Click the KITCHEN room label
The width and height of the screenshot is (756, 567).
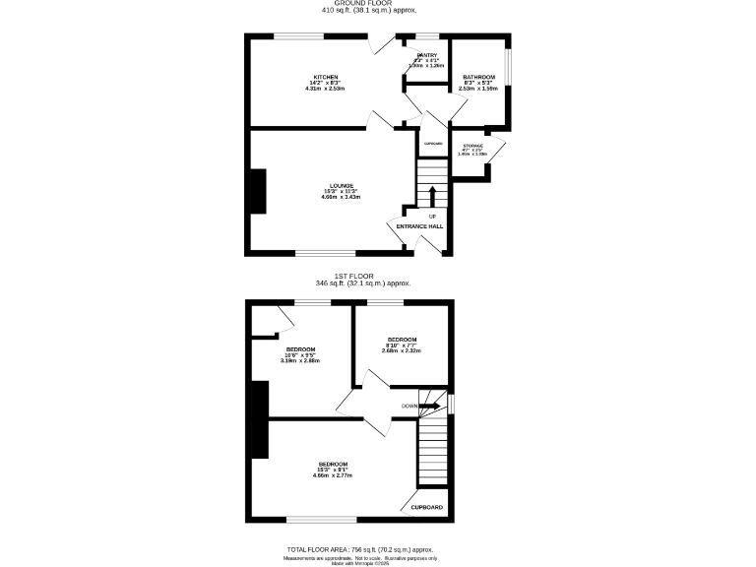[327, 76]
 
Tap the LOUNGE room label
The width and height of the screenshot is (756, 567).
[341, 184]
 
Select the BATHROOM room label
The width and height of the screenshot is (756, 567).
[478, 76]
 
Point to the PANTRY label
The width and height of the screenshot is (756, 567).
[427, 55]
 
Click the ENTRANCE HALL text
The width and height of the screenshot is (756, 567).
[419, 226]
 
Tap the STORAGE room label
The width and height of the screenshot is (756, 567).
[472, 146]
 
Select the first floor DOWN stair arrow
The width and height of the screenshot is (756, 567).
[430, 405]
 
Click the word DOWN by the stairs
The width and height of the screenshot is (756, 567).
[409, 405]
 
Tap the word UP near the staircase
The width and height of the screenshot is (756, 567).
[431, 216]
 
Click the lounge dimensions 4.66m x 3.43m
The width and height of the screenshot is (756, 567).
[341, 197]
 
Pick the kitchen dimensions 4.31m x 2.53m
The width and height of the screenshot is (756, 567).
[327, 89]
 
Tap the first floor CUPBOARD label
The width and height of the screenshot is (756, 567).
[426, 508]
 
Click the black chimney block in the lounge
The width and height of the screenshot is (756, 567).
[258, 191]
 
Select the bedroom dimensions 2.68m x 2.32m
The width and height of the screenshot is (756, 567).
[402, 351]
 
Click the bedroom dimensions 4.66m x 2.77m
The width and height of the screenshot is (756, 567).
[333, 475]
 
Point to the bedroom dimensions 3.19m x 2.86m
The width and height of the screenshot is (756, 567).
[300, 361]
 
